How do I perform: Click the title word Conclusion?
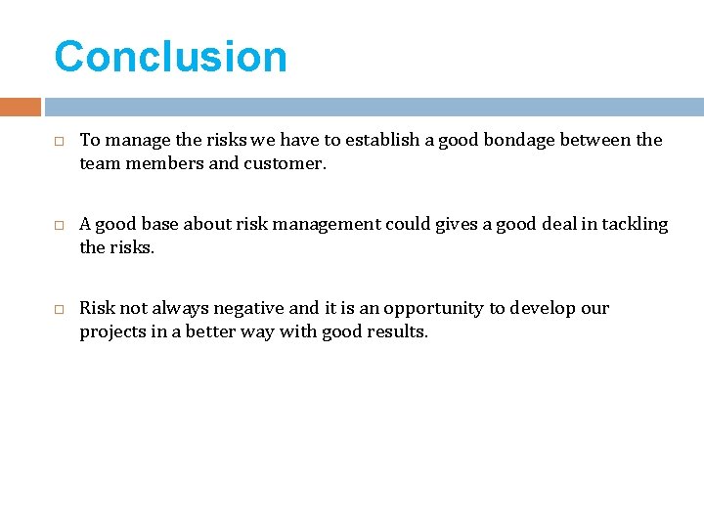pyautogui.click(x=170, y=57)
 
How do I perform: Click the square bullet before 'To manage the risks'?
pyautogui.click(x=59, y=142)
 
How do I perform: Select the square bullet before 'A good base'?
pyautogui.click(x=59, y=226)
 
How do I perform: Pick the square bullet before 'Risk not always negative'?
pyautogui.click(x=59, y=310)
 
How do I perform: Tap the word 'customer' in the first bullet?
pyautogui.click(x=284, y=164)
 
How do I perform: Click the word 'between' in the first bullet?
pyautogui.click(x=595, y=140)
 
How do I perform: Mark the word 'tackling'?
pyautogui.click(x=635, y=224)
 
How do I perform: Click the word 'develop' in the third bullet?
pyautogui.click(x=543, y=308)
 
